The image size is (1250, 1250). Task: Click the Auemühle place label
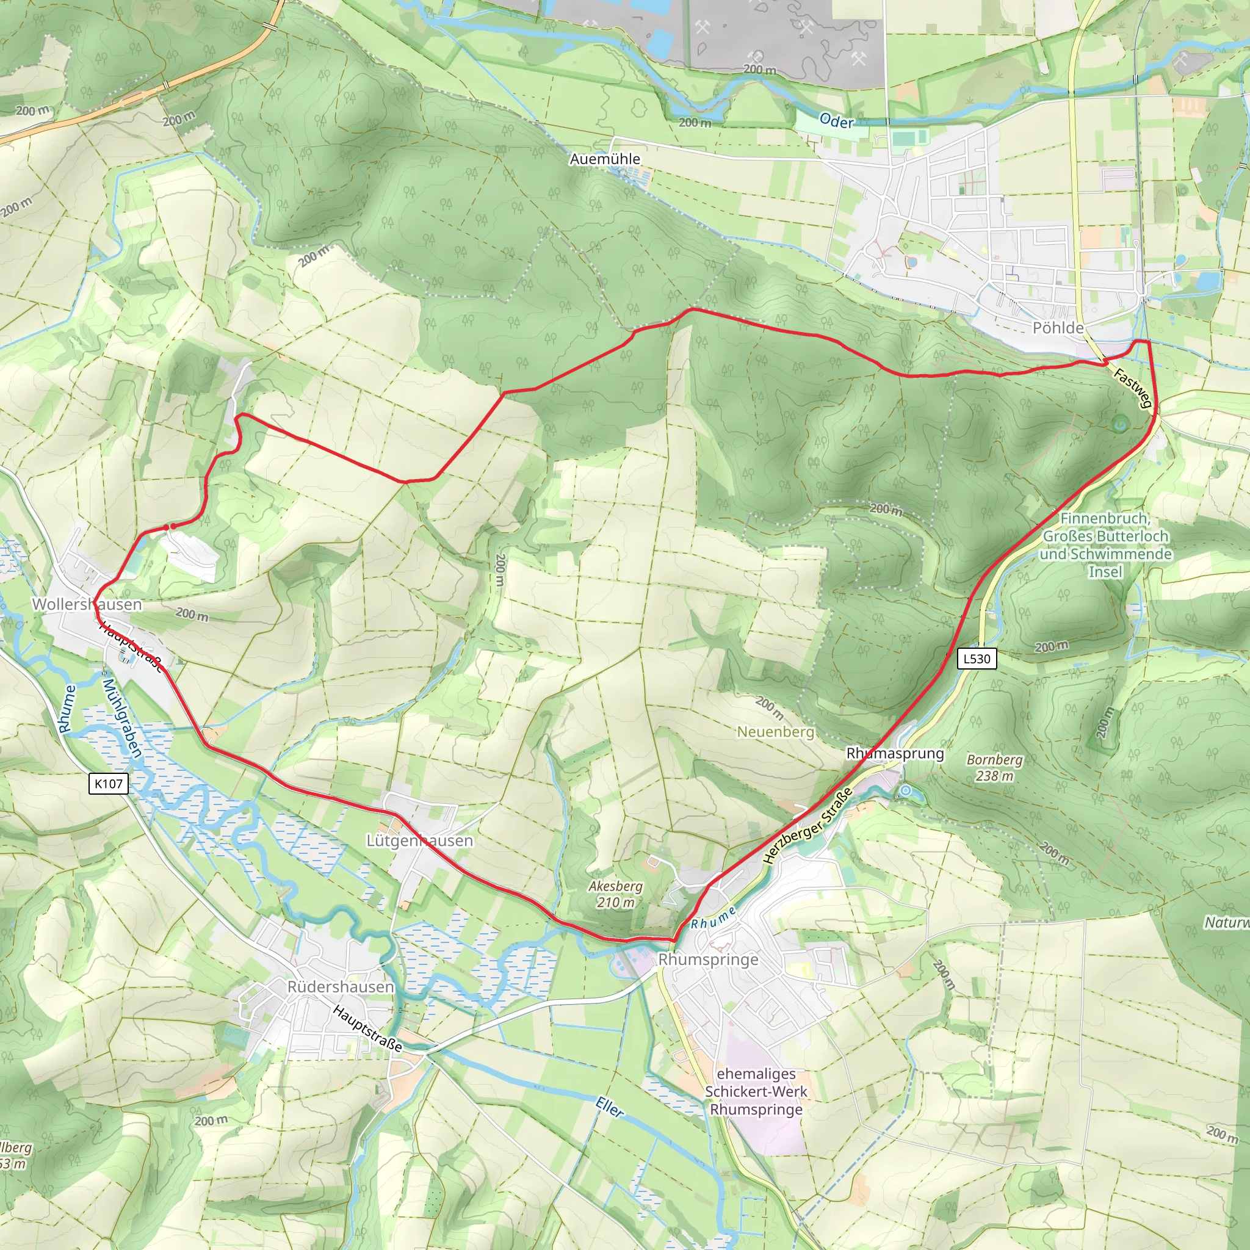(604, 159)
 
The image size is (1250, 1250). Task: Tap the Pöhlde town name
(1057, 328)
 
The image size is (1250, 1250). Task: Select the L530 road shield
(977, 659)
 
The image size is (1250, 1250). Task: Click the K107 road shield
(108, 784)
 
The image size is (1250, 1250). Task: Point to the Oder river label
(836, 121)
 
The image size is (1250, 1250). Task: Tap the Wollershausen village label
(87, 604)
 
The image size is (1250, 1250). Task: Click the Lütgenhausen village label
(419, 840)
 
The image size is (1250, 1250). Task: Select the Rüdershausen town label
(341, 987)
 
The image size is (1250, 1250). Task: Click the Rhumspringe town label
(708, 959)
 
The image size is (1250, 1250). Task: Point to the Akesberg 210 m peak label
(615, 894)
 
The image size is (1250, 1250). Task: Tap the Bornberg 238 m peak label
(994, 767)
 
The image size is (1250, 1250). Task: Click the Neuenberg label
(775, 732)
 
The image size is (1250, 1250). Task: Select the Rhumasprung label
(895, 753)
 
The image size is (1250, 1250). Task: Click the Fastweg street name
(1132, 388)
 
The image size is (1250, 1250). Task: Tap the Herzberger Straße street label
(807, 826)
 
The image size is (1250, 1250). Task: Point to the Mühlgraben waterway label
(121, 718)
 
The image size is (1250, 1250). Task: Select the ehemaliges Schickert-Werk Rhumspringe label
(756, 1091)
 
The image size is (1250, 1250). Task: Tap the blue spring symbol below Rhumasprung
(906, 790)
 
